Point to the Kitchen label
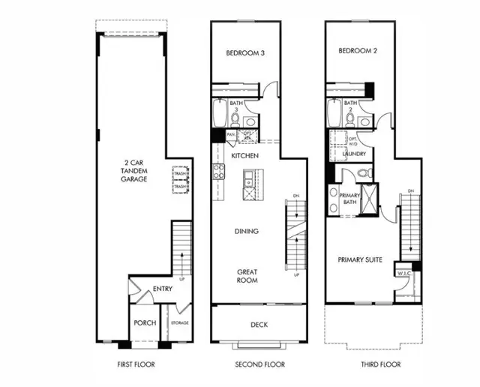pyautogui.click(x=245, y=156)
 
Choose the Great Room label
pyautogui.click(x=247, y=275)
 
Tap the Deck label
pyautogui.click(x=259, y=325)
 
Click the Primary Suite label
pyautogui.click(x=359, y=259)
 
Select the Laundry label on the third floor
pyautogui.click(x=355, y=154)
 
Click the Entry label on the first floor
pyautogui.click(x=163, y=289)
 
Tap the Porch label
pyautogui.click(x=145, y=323)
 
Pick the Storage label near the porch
pyautogui.click(x=178, y=323)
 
